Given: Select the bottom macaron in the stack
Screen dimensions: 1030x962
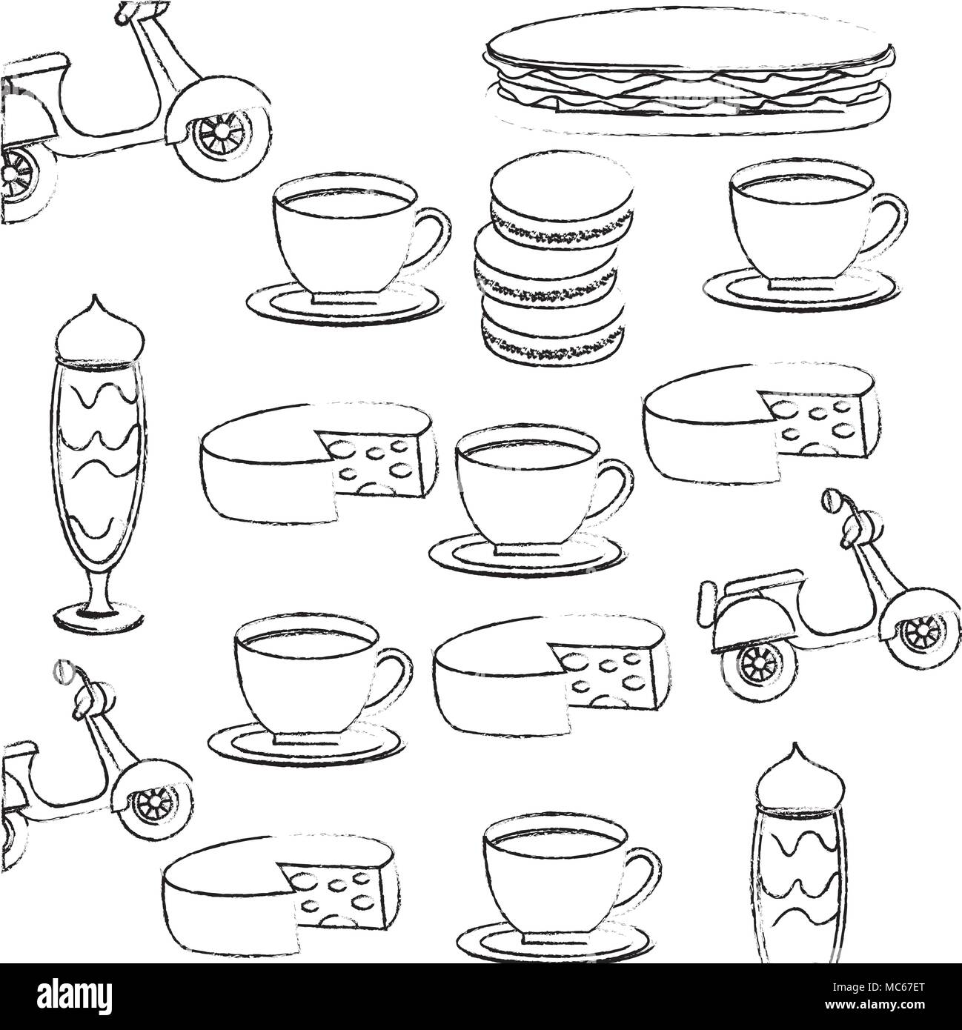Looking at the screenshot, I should click(550, 328).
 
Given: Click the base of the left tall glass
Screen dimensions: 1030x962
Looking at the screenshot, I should click(99, 615).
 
